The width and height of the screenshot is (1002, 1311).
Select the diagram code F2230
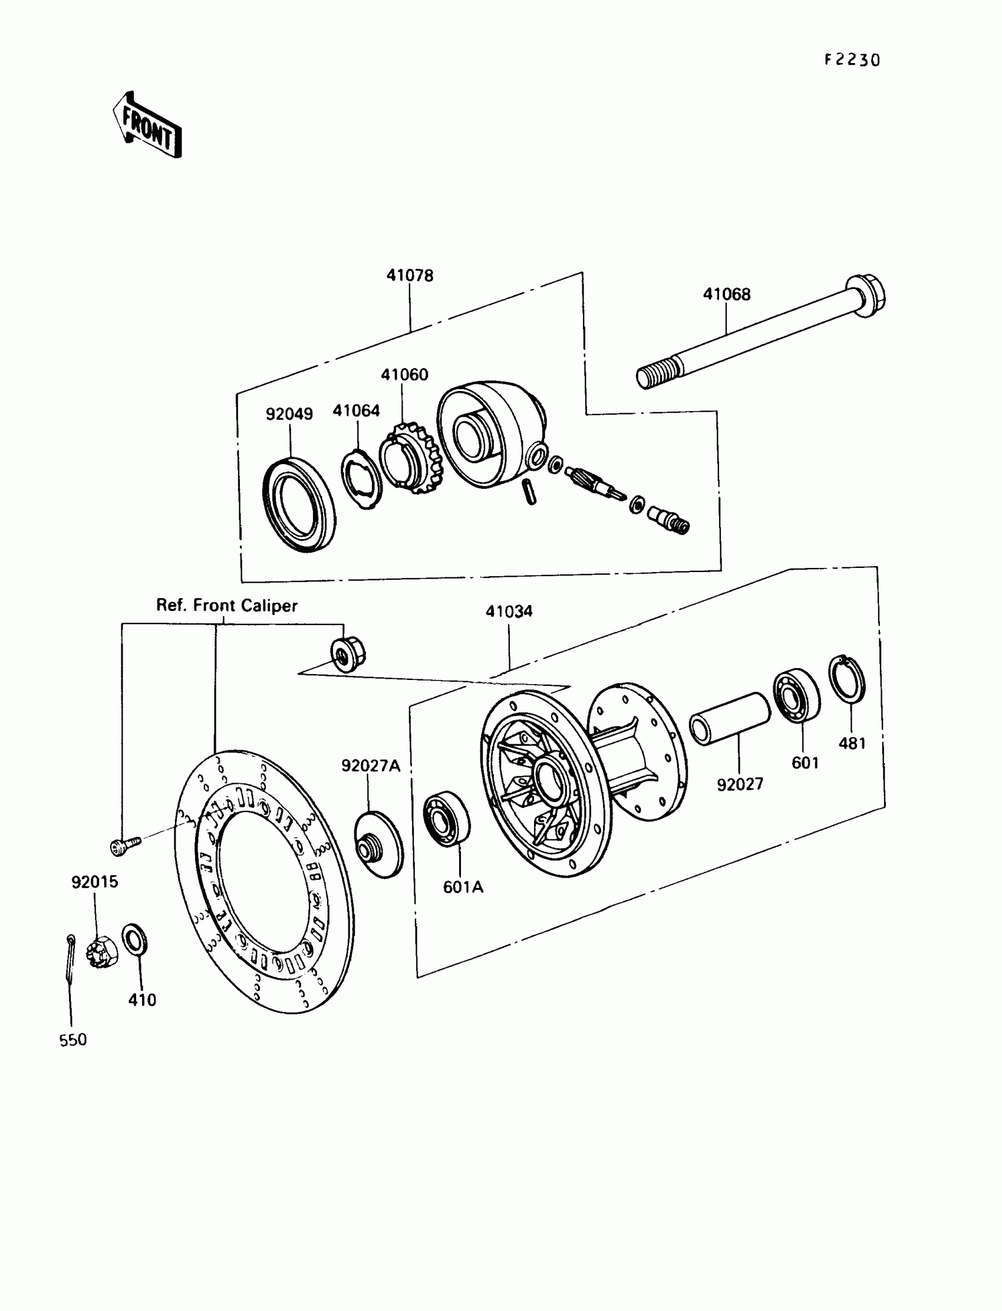point(852,60)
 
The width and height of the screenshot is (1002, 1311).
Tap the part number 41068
point(726,294)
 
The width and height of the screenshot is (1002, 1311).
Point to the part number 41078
point(410,275)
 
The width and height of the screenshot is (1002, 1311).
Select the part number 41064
point(356,410)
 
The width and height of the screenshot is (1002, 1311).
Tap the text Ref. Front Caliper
point(227,606)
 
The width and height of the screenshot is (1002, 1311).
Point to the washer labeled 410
point(135,940)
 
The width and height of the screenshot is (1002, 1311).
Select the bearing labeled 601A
point(446,818)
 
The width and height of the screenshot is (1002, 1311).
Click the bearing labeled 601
point(796,696)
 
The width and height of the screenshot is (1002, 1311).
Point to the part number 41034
point(509,612)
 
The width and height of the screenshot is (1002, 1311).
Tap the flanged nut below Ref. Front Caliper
point(348,654)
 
